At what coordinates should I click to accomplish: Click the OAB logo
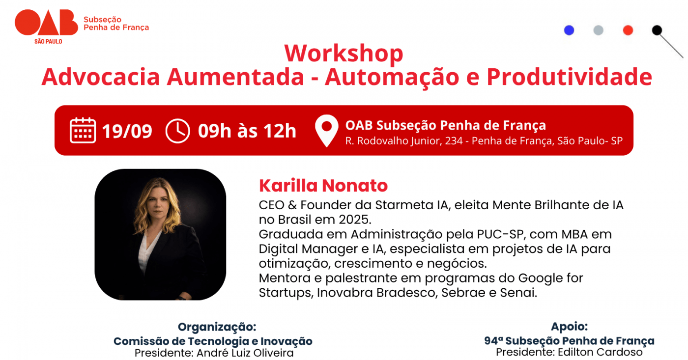46,27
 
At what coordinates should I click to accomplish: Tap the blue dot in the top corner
569,30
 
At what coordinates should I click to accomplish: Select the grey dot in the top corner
598,30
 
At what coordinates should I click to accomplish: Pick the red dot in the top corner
628,30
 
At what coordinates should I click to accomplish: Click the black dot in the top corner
657,30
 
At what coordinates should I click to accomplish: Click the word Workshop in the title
344,54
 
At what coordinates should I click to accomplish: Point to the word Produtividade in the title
569,77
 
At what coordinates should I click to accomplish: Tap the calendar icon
83,130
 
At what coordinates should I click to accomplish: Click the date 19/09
127,131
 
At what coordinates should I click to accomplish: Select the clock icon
177,131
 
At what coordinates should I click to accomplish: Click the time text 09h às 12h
247,131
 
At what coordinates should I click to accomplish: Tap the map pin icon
326,131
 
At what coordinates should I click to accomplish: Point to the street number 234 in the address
454,140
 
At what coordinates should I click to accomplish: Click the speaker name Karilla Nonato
323,185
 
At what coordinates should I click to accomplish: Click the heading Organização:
217,327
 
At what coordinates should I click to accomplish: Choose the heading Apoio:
569,327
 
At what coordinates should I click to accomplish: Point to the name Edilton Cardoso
600,352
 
